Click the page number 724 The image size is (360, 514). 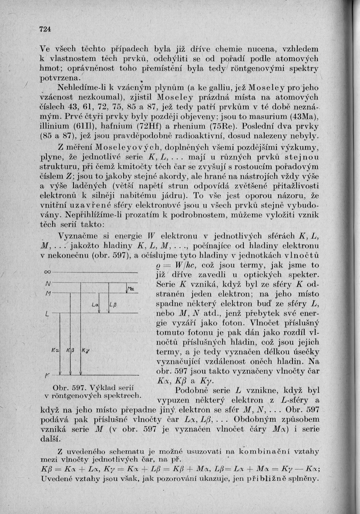coord(45,29)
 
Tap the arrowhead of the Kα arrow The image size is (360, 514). coord(60,373)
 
